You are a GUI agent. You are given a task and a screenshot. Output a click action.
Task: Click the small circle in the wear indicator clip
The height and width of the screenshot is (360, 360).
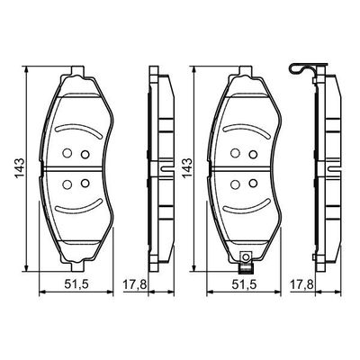click(x=246, y=256)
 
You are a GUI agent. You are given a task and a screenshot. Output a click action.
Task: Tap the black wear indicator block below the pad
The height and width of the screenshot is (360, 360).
click(x=246, y=269)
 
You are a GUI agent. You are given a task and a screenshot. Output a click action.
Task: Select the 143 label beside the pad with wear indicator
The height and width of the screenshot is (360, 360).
click(x=188, y=167)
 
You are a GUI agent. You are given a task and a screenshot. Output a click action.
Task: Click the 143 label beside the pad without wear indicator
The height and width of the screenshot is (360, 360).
click(x=21, y=167)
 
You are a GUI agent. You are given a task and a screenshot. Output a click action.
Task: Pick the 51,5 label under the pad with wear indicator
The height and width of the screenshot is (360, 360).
click(x=245, y=284)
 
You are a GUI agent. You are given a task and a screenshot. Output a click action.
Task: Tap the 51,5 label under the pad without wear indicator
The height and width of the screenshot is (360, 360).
click(x=76, y=284)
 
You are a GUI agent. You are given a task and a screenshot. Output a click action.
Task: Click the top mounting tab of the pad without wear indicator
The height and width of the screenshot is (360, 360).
click(x=77, y=71)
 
